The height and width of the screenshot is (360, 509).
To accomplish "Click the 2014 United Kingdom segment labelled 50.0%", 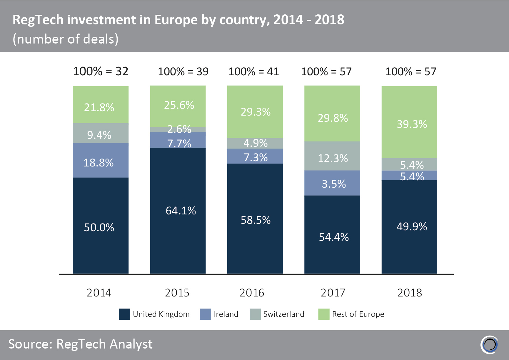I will pyautogui.click(x=101, y=226).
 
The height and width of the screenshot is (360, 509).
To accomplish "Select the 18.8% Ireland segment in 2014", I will pyautogui.click(x=101, y=160).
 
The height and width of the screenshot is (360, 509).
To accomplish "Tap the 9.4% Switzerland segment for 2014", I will pyautogui.click(x=101, y=133).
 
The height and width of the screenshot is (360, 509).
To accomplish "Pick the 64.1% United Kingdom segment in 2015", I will pyautogui.click(x=178, y=211).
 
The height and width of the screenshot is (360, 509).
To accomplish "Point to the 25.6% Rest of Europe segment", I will pyautogui.click(x=178, y=106).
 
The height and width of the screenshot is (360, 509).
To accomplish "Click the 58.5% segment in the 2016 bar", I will pyautogui.click(x=255, y=219).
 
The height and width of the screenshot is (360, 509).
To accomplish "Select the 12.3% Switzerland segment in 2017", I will pyautogui.click(x=332, y=156).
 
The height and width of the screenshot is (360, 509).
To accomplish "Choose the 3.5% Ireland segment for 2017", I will pyautogui.click(x=332, y=183).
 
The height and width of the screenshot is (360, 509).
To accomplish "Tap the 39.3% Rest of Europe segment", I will pyautogui.click(x=409, y=122).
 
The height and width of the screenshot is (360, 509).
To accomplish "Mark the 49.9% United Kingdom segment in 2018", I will pyautogui.click(x=409, y=227).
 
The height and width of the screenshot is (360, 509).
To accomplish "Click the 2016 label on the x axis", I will pyautogui.click(x=252, y=293).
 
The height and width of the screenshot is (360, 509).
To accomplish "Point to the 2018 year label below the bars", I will pyautogui.click(x=410, y=293).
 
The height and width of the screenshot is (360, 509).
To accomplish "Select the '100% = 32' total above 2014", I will pyautogui.click(x=101, y=71).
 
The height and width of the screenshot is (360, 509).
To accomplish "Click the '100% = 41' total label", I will pyautogui.click(x=253, y=72).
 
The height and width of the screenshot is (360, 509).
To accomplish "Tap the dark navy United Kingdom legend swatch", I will pyautogui.click(x=124, y=314).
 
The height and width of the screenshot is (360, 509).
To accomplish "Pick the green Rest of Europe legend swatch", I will pyautogui.click(x=324, y=314).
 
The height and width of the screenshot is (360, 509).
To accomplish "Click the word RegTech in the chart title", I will pyautogui.click(x=38, y=20).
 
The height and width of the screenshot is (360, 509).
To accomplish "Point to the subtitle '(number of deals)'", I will pyautogui.click(x=66, y=39).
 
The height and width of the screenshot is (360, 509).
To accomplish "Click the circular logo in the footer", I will pyautogui.click(x=489, y=344).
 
